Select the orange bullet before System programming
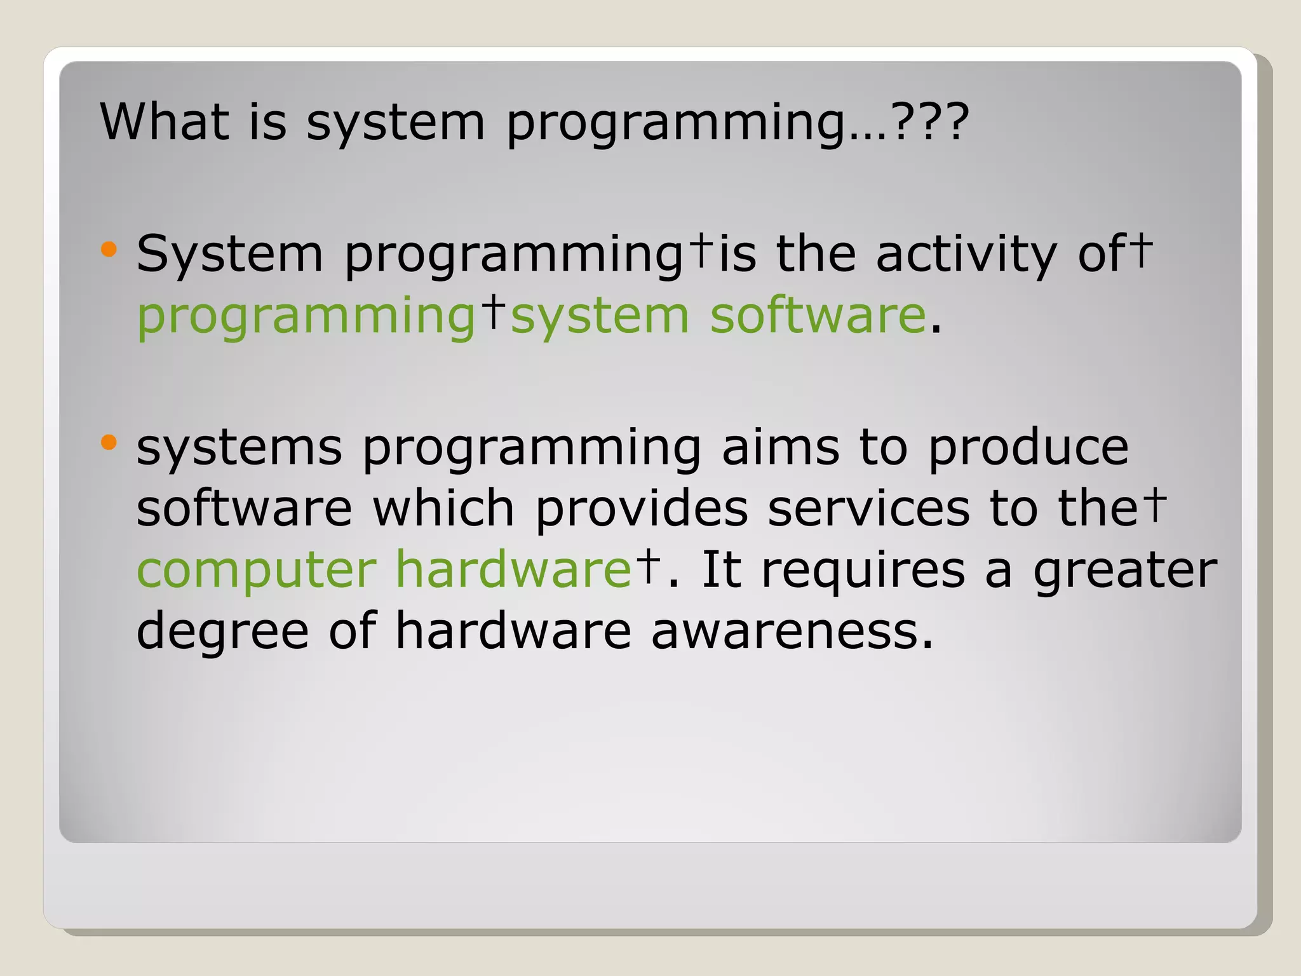pyautogui.click(x=109, y=249)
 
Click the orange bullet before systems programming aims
pyautogui.click(x=109, y=442)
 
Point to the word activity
pyautogui.click(x=966, y=254)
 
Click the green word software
pyautogui.click(x=818, y=316)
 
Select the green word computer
pyautogui.click(x=257, y=570)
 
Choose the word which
pyautogui.click(x=443, y=508)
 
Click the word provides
pyautogui.click(x=642, y=510)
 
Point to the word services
pyautogui.click(x=868, y=508)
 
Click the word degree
pyautogui.click(x=223, y=631)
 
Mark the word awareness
pyautogui.click(x=792, y=631)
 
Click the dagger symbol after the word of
pyautogui.click(x=1143, y=250)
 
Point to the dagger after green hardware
pyautogui.click(x=648, y=565)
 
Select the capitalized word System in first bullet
pyautogui.click(x=230, y=254)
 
